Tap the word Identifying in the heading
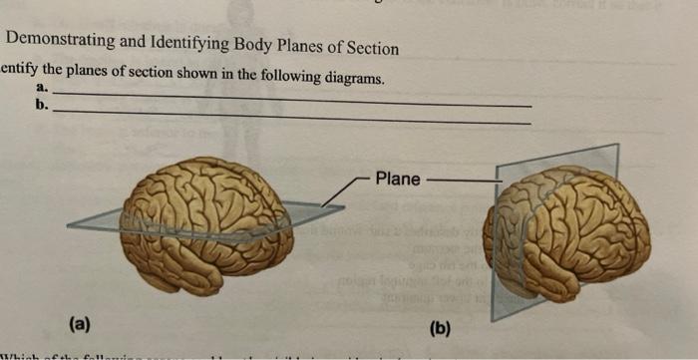(x=184, y=46)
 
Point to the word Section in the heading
(x=371, y=49)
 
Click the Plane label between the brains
(x=398, y=180)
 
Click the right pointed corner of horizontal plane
(x=344, y=206)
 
